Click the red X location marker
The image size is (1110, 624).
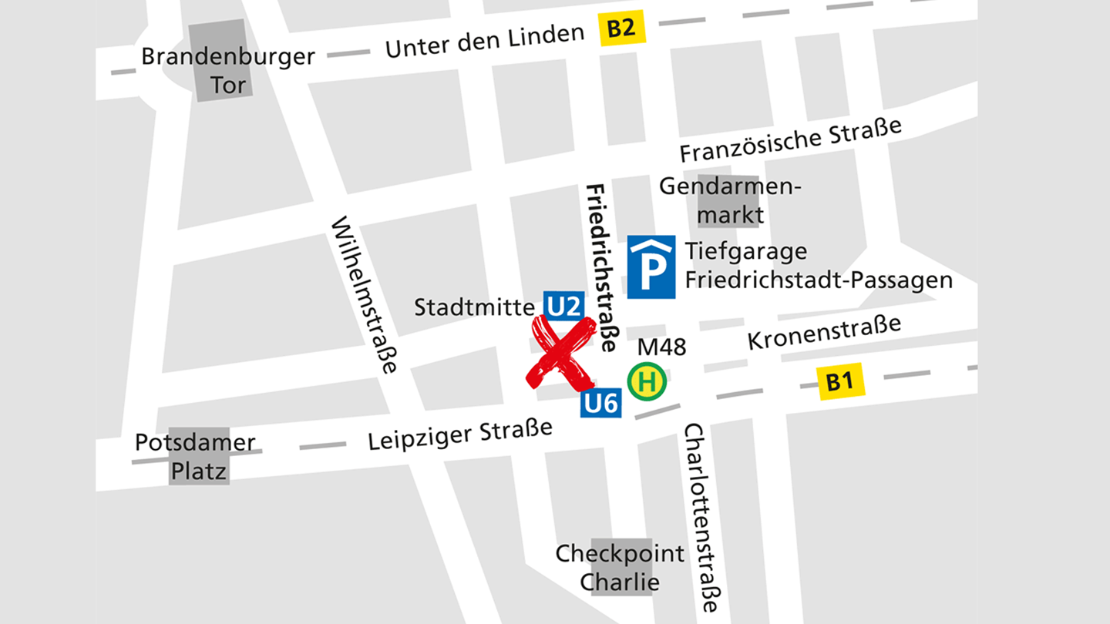(x=561, y=354)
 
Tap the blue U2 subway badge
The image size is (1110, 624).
(x=563, y=307)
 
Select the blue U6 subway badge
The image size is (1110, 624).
(x=600, y=403)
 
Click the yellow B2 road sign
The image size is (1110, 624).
(x=621, y=30)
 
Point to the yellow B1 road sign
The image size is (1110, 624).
(x=841, y=382)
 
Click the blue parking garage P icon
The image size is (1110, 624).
(x=651, y=267)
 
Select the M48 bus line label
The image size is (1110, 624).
(x=661, y=347)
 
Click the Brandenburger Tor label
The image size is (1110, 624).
(x=227, y=70)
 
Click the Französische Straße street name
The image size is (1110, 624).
(x=790, y=139)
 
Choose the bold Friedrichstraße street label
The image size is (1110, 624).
(x=602, y=267)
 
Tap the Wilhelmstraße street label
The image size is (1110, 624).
(x=365, y=294)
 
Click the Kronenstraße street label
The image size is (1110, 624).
(x=824, y=331)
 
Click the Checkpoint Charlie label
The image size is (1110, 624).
(x=620, y=567)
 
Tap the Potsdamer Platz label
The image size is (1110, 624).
(x=196, y=456)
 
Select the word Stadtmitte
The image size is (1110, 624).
(x=475, y=307)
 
